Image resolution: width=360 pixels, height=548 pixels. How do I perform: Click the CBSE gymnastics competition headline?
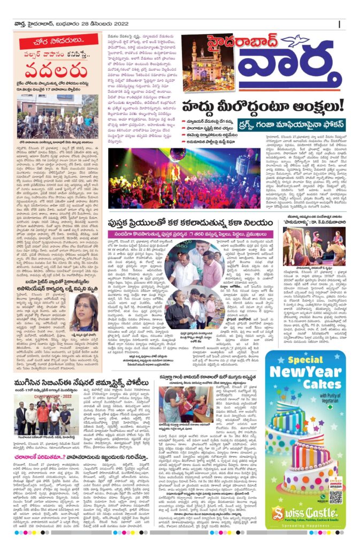[x=88, y=384]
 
